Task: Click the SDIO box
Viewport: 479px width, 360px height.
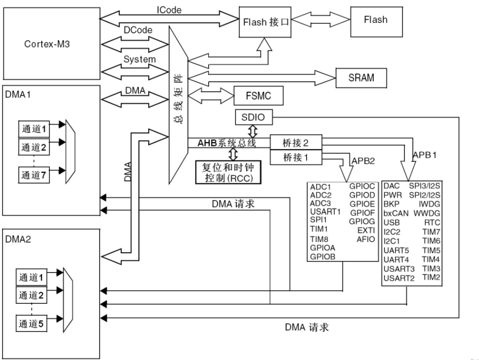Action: click(x=254, y=118)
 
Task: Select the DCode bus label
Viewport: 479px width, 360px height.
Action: click(x=138, y=30)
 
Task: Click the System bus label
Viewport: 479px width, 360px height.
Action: click(x=140, y=59)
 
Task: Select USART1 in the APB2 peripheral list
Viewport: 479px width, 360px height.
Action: click(x=325, y=212)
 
